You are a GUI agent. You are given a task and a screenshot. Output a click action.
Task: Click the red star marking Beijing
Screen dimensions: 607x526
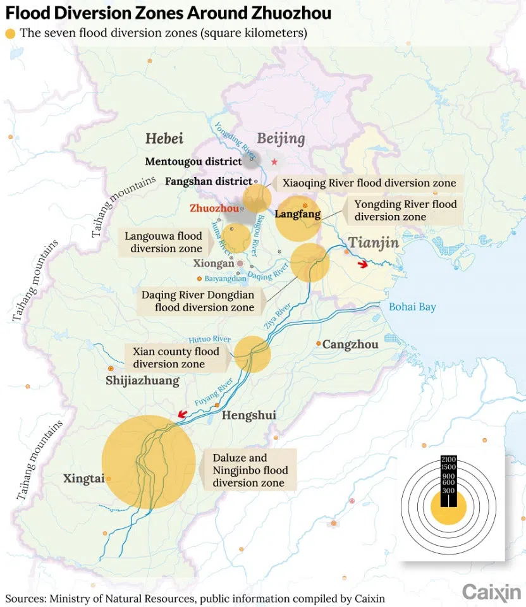coord(274,162)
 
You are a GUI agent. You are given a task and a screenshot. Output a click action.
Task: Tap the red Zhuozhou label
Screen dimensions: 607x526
coord(214,207)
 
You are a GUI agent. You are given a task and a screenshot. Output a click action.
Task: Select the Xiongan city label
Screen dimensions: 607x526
coord(215,264)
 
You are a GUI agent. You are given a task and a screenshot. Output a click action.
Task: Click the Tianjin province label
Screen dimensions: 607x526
coord(374,243)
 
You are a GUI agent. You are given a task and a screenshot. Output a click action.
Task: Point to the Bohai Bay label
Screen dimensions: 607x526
coord(412,307)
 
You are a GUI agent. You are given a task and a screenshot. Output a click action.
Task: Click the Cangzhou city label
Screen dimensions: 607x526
coord(350,345)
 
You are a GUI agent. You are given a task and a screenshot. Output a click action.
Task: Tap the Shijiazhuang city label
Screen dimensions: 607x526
coord(142,381)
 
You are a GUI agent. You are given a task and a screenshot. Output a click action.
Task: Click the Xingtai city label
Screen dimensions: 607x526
coord(83,479)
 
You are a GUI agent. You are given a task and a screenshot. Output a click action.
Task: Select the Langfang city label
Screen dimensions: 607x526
coord(298,214)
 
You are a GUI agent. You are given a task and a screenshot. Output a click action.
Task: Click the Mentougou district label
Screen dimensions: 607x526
coord(193,161)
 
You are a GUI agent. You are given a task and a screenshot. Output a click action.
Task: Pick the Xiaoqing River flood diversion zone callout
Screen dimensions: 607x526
coord(369,183)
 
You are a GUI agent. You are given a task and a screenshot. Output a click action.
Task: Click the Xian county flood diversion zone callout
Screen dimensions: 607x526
coord(176,358)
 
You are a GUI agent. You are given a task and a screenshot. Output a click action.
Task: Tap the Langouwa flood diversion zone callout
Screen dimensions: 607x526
coord(163,242)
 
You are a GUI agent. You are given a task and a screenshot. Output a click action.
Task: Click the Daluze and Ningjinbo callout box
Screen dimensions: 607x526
coord(248,470)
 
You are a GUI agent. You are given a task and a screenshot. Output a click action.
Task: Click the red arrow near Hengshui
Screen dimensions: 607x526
coord(182,414)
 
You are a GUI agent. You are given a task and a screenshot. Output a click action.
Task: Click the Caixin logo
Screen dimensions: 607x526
coord(491,592)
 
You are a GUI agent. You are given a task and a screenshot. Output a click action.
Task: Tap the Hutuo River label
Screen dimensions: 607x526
coord(209,340)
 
